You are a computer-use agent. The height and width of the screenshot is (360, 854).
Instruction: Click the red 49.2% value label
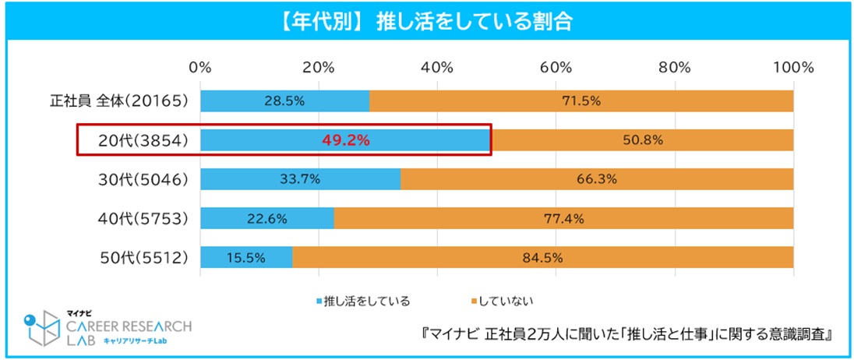pos(346,141)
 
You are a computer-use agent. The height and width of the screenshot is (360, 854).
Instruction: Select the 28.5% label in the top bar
pos(285,101)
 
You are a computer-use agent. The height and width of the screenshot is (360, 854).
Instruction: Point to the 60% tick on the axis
pos(556,67)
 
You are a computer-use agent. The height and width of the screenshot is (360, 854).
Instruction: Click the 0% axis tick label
pos(200,67)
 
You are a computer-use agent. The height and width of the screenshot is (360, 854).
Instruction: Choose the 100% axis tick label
pos(793,67)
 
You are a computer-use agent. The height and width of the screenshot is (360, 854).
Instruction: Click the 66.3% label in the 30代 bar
pos(596,179)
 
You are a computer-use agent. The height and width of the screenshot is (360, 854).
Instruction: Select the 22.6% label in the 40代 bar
pos(267,218)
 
